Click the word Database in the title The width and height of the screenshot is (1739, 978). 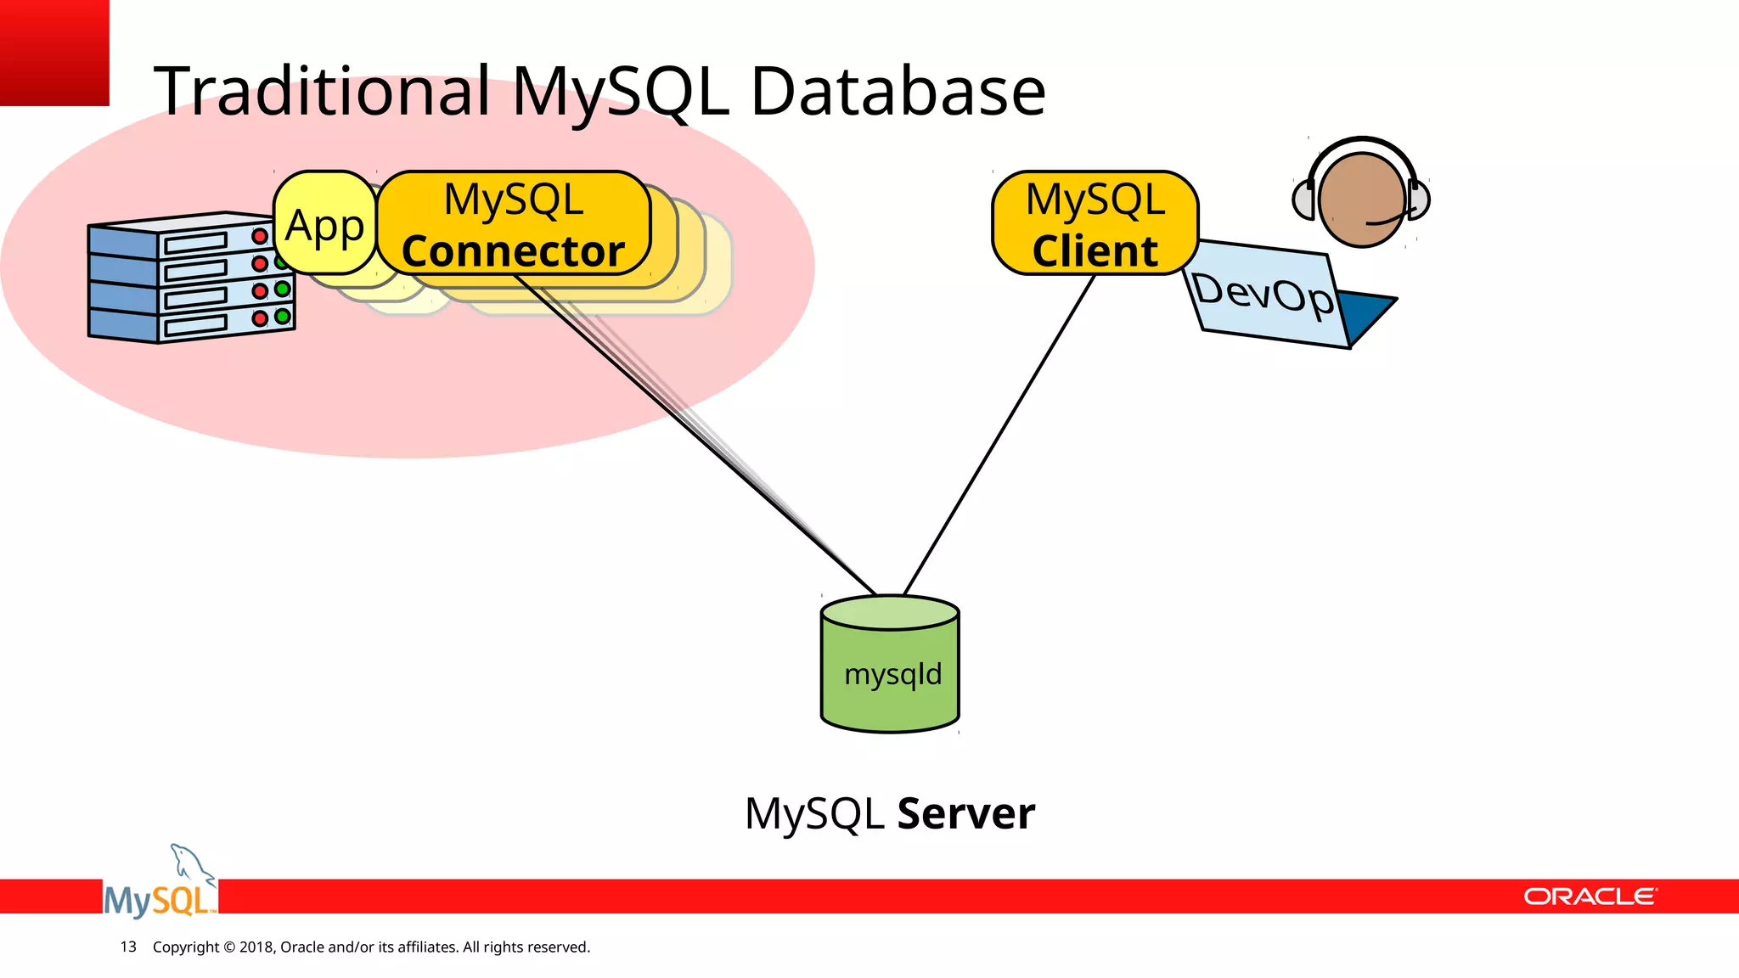coord(898,92)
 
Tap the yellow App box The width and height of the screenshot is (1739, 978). coord(324,225)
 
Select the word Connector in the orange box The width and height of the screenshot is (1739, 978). coord(513,251)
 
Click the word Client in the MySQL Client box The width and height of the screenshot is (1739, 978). coord(1095,251)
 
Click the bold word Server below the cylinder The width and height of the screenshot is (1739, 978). coord(965,813)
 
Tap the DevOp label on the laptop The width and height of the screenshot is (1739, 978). coord(1263,294)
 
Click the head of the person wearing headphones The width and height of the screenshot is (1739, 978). coord(1361,200)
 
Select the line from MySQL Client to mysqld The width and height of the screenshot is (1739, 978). coord(999,435)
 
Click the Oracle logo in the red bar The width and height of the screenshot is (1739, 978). coord(1590,896)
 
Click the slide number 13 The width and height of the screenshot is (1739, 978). coord(128,947)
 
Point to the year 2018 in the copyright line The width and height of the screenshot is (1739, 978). coord(256,947)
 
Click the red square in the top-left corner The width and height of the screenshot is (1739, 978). coord(53,52)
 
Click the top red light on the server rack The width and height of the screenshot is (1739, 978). coord(260,236)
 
